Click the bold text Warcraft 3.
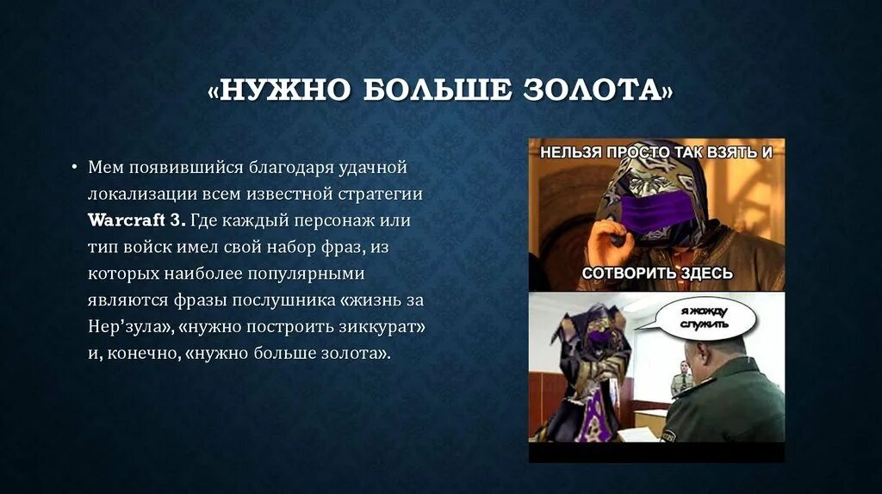point(136,219)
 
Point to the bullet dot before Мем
point(75,166)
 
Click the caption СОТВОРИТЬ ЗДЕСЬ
point(656,274)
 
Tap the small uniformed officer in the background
point(682,379)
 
